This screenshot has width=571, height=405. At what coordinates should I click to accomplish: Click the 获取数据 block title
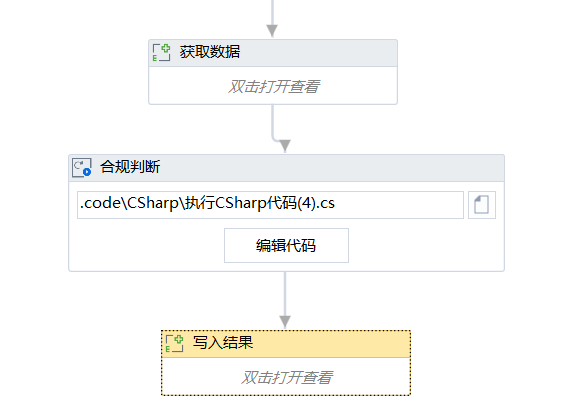[x=210, y=52]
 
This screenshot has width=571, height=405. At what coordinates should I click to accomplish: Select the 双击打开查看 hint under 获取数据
[x=274, y=87]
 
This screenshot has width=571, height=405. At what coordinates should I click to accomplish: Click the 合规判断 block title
[x=130, y=167]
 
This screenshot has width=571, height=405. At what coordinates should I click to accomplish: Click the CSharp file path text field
[x=270, y=205]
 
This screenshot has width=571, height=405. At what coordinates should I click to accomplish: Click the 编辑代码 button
[x=286, y=245]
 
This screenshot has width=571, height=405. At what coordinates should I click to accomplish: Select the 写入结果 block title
[x=223, y=343]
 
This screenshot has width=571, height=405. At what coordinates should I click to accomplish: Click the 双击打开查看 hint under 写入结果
[x=287, y=378]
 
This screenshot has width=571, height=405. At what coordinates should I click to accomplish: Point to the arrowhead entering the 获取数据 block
[x=272, y=31]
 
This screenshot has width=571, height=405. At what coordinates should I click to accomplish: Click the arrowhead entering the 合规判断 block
[x=285, y=146]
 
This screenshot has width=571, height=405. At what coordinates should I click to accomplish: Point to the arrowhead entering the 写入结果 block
[x=285, y=322]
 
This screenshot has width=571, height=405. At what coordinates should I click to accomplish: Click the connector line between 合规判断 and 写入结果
[x=285, y=294]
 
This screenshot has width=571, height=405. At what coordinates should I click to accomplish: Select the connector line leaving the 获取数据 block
[x=273, y=124]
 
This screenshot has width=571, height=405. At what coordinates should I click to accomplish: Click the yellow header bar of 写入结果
[x=286, y=344]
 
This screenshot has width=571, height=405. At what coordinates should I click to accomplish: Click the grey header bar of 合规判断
[x=286, y=168]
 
